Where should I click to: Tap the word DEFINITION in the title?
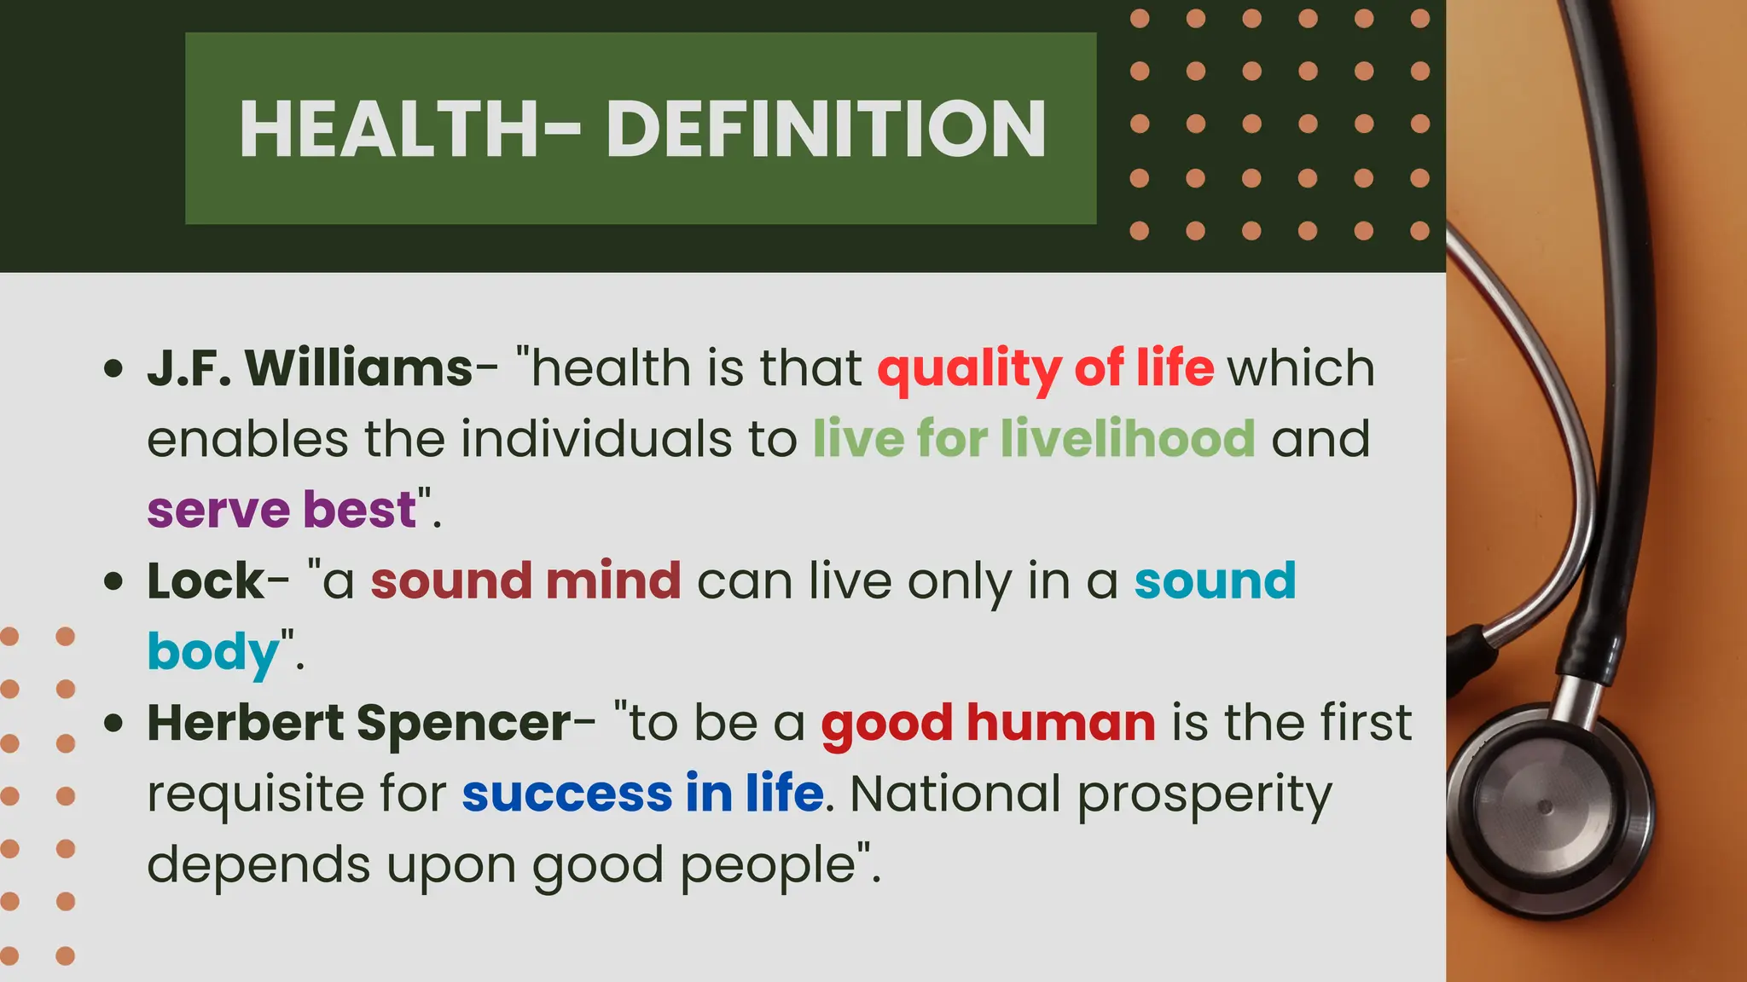(x=826, y=130)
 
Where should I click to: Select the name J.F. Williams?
(x=310, y=368)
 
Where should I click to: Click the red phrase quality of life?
(x=1046, y=368)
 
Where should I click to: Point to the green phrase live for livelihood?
(x=1034, y=439)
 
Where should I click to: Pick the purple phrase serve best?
(x=281, y=510)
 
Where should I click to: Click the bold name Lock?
(x=206, y=581)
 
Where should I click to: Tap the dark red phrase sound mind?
(x=525, y=581)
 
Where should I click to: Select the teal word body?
(x=213, y=653)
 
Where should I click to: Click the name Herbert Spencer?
(x=359, y=723)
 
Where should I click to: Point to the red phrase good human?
(x=988, y=723)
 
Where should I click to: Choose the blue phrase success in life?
(x=642, y=794)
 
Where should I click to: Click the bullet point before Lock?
(x=113, y=582)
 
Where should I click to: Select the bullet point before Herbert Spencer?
(x=113, y=724)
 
